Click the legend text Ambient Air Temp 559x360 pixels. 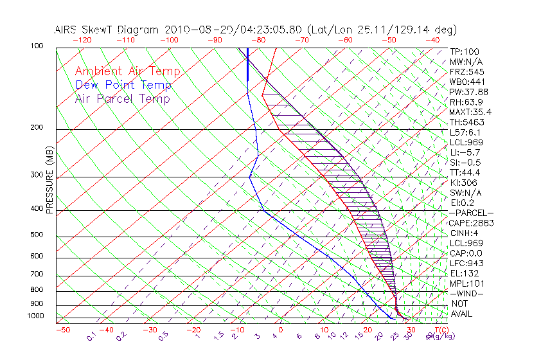click(x=128, y=71)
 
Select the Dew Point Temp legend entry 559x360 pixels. click(x=123, y=85)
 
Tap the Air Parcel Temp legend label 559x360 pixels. click(x=123, y=98)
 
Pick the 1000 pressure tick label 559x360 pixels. click(x=37, y=316)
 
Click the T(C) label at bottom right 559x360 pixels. click(x=441, y=330)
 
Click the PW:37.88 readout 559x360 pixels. click(x=468, y=92)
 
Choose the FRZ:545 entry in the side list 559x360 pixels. click(x=466, y=71)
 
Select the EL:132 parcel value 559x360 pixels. click(x=464, y=273)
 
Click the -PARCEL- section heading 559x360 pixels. click(x=472, y=213)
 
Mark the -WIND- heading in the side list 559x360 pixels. click(x=466, y=293)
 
